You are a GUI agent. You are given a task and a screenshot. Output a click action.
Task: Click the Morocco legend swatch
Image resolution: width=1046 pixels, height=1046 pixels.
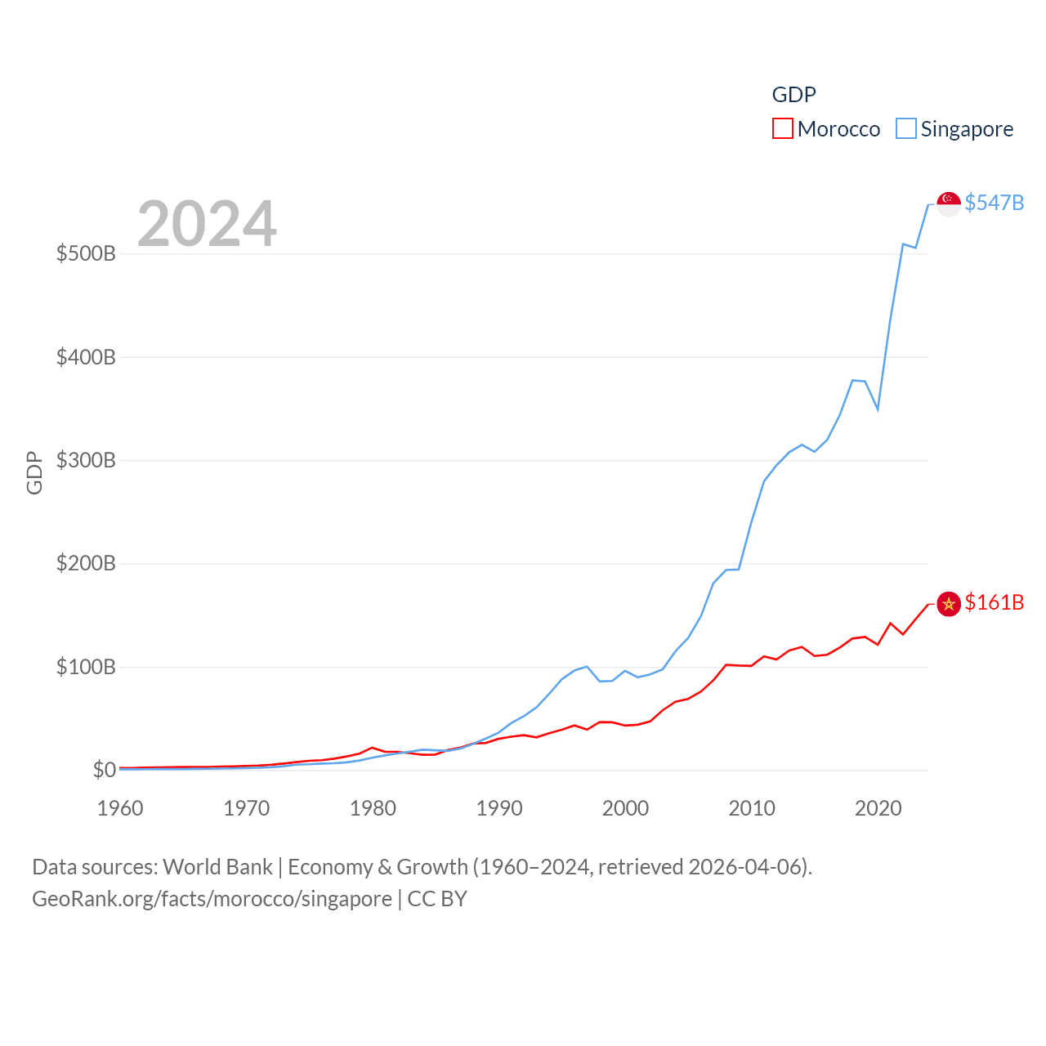[782, 129]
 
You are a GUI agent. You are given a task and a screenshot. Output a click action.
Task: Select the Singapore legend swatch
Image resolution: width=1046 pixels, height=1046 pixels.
[905, 129]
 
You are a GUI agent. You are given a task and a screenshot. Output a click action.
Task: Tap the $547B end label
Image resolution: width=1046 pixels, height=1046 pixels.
[994, 203]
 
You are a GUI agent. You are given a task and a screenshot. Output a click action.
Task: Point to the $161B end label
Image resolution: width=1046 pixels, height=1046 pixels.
[994, 602]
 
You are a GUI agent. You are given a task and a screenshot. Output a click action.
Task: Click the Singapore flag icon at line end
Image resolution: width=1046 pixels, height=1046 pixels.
[948, 203]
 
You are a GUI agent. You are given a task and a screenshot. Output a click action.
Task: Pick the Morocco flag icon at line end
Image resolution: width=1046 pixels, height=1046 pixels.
[948, 604]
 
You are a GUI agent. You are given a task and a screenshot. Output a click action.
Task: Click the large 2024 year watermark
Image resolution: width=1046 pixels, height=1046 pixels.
[207, 224]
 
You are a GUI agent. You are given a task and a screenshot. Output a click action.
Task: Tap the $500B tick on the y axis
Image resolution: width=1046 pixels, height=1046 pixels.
[86, 253]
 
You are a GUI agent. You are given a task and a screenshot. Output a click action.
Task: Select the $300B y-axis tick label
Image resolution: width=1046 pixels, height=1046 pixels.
[86, 460]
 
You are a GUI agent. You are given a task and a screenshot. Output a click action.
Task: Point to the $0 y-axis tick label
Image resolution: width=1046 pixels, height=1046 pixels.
[104, 770]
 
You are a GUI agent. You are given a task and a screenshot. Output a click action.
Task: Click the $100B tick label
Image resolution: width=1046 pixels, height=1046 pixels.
[86, 667]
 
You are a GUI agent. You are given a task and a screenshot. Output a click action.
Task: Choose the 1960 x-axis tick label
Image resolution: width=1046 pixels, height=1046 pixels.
[120, 808]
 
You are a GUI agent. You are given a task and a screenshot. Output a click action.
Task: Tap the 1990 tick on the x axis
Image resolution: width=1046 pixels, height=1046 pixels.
[499, 808]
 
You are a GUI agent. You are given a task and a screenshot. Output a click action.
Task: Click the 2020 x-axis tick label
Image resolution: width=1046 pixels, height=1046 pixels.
[878, 808]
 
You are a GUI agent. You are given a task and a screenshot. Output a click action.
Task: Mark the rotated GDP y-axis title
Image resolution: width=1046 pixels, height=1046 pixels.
[34, 472]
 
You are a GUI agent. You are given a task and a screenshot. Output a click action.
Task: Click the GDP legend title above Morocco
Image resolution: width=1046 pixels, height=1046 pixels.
[793, 95]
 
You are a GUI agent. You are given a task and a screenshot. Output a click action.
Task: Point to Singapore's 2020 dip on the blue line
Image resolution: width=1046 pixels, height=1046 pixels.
[878, 409]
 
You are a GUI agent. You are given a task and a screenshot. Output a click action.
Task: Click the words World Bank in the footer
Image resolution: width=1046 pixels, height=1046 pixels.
[217, 866]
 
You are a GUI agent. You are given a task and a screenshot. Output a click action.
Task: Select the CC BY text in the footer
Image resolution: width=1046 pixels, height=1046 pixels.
[437, 899]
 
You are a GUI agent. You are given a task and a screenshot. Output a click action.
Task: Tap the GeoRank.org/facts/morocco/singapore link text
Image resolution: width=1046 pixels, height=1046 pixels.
[212, 899]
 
